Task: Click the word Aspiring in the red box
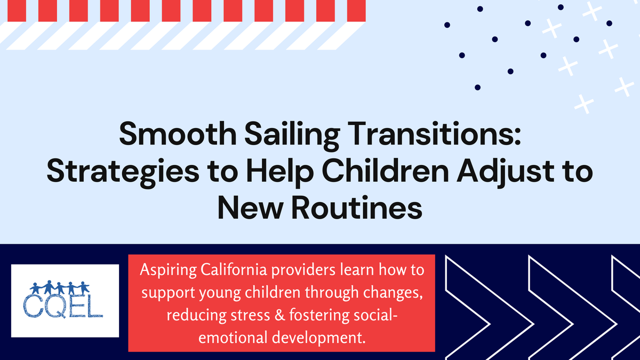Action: tap(166, 271)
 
